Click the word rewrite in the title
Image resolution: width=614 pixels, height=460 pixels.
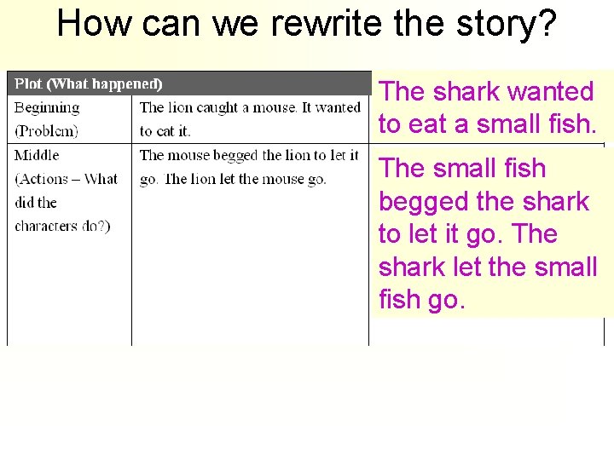tap(316, 24)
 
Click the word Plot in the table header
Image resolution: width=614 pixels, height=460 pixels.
tap(28, 83)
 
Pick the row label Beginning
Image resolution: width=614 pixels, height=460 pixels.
tap(47, 108)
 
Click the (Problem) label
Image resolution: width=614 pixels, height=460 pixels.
tap(46, 131)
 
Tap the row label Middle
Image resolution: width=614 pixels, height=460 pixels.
tap(37, 155)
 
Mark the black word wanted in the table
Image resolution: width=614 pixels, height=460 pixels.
tap(337, 107)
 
